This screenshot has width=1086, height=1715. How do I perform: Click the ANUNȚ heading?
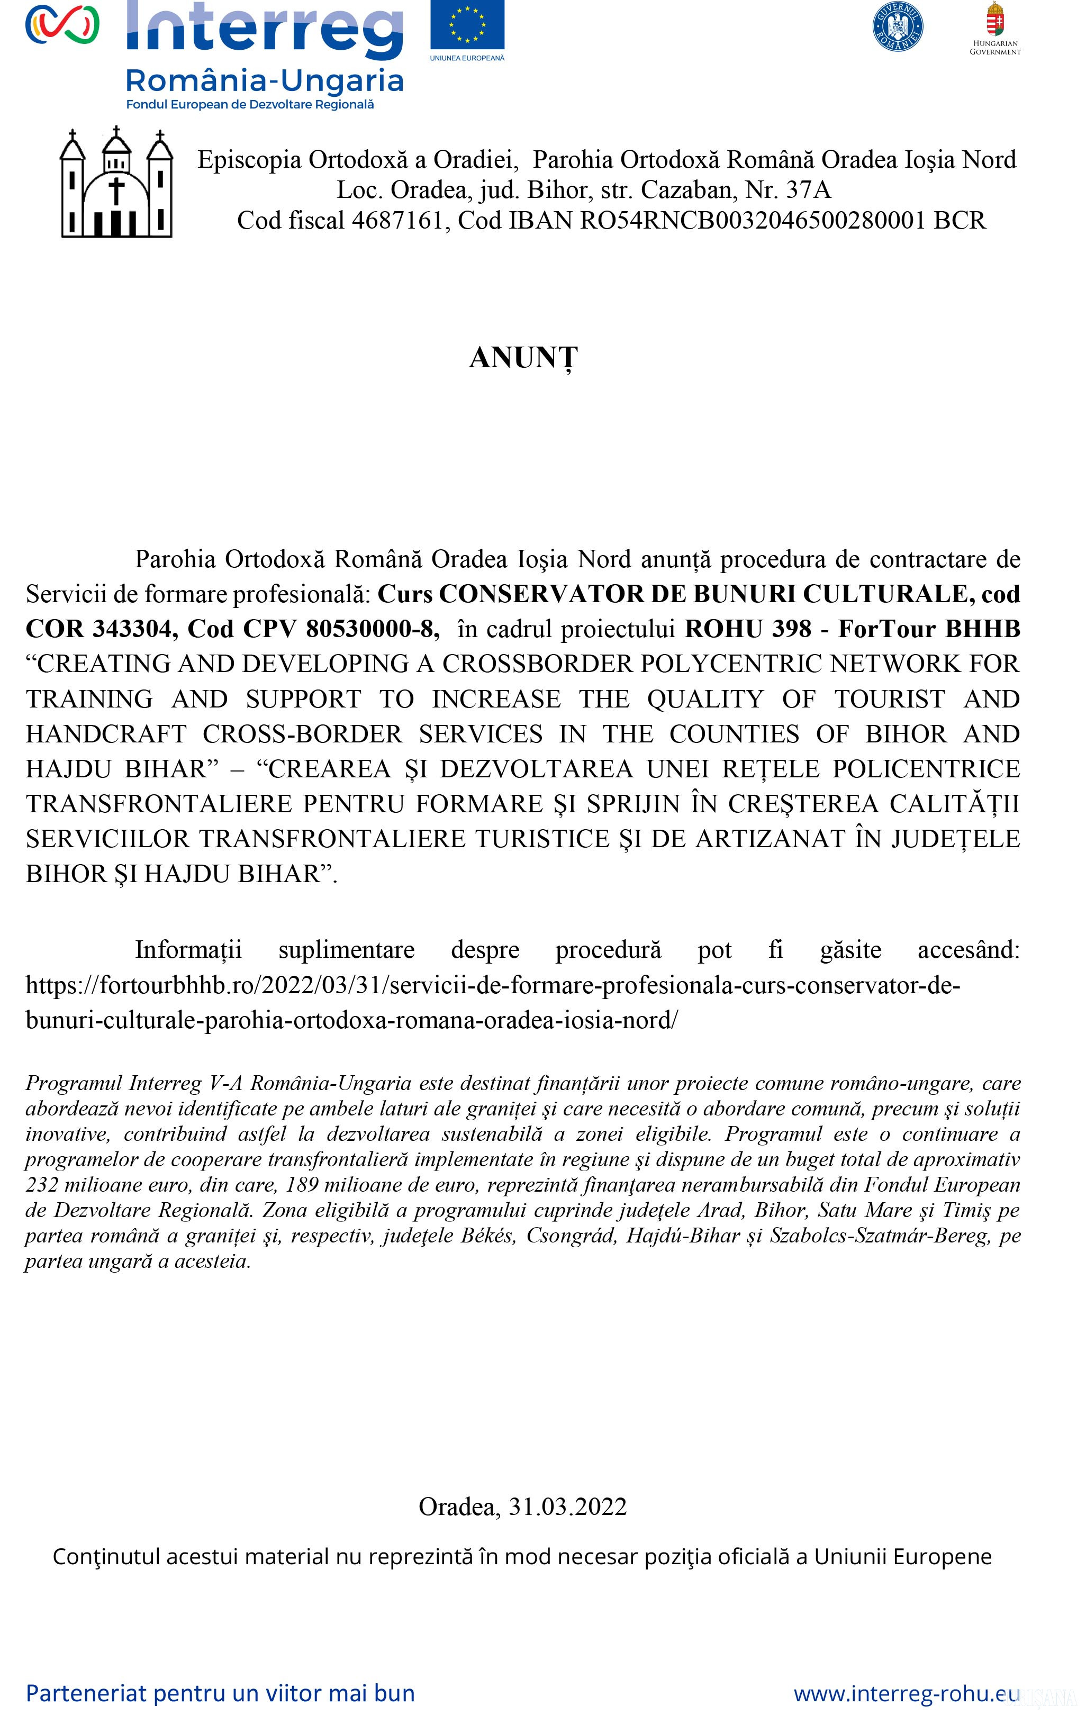(x=523, y=358)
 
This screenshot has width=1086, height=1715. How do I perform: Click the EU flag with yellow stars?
(x=467, y=25)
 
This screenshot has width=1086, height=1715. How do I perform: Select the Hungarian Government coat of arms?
(x=995, y=20)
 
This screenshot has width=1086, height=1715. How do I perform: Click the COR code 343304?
(x=135, y=629)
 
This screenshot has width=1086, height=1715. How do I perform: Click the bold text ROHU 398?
(x=748, y=629)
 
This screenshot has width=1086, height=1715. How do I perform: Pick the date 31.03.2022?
(x=567, y=1507)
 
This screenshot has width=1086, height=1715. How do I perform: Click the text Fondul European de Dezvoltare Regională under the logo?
(x=250, y=105)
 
